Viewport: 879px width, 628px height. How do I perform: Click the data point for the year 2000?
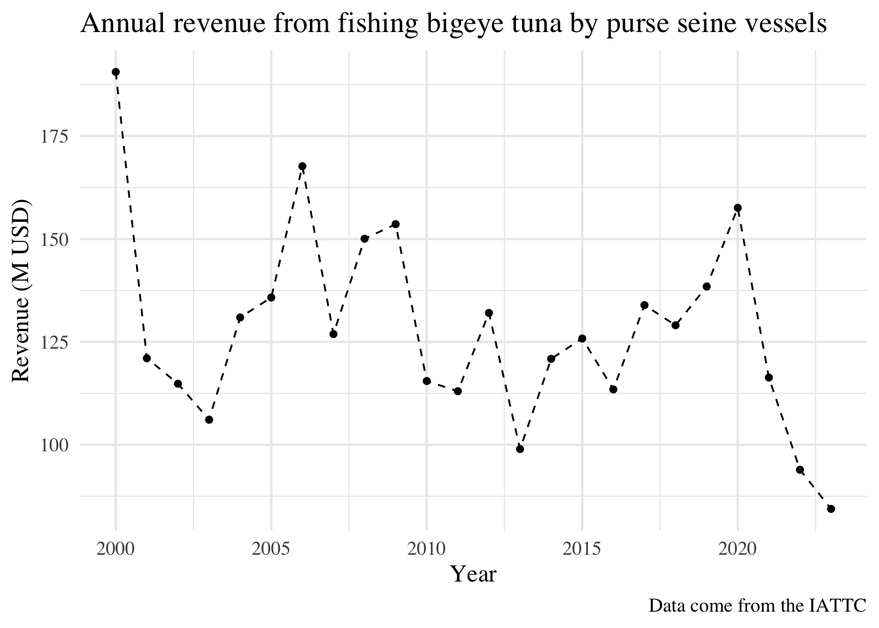pyautogui.click(x=116, y=72)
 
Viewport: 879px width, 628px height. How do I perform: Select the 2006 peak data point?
pyautogui.click(x=302, y=166)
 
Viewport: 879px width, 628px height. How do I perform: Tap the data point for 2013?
pyautogui.click(x=520, y=449)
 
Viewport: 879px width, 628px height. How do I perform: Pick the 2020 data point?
pyautogui.click(x=738, y=208)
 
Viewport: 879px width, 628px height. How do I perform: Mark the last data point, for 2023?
pyautogui.click(x=831, y=509)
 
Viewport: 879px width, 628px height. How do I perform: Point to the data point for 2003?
pyautogui.click(x=209, y=419)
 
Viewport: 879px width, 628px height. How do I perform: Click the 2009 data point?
pyautogui.click(x=396, y=224)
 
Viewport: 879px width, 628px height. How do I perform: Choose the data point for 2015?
pyautogui.click(x=582, y=338)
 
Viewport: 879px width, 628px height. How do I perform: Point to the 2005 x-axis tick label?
pyautogui.click(x=271, y=548)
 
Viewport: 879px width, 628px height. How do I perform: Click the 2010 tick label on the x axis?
pyautogui.click(x=426, y=548)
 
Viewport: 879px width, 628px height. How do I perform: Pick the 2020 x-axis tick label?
pyautogui.click(x=738, y=548)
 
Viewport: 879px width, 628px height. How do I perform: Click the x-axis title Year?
pyautogui.click(x=474, y=574)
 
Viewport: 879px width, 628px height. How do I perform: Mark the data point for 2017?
pyautogui.click(x=644, y=305)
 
